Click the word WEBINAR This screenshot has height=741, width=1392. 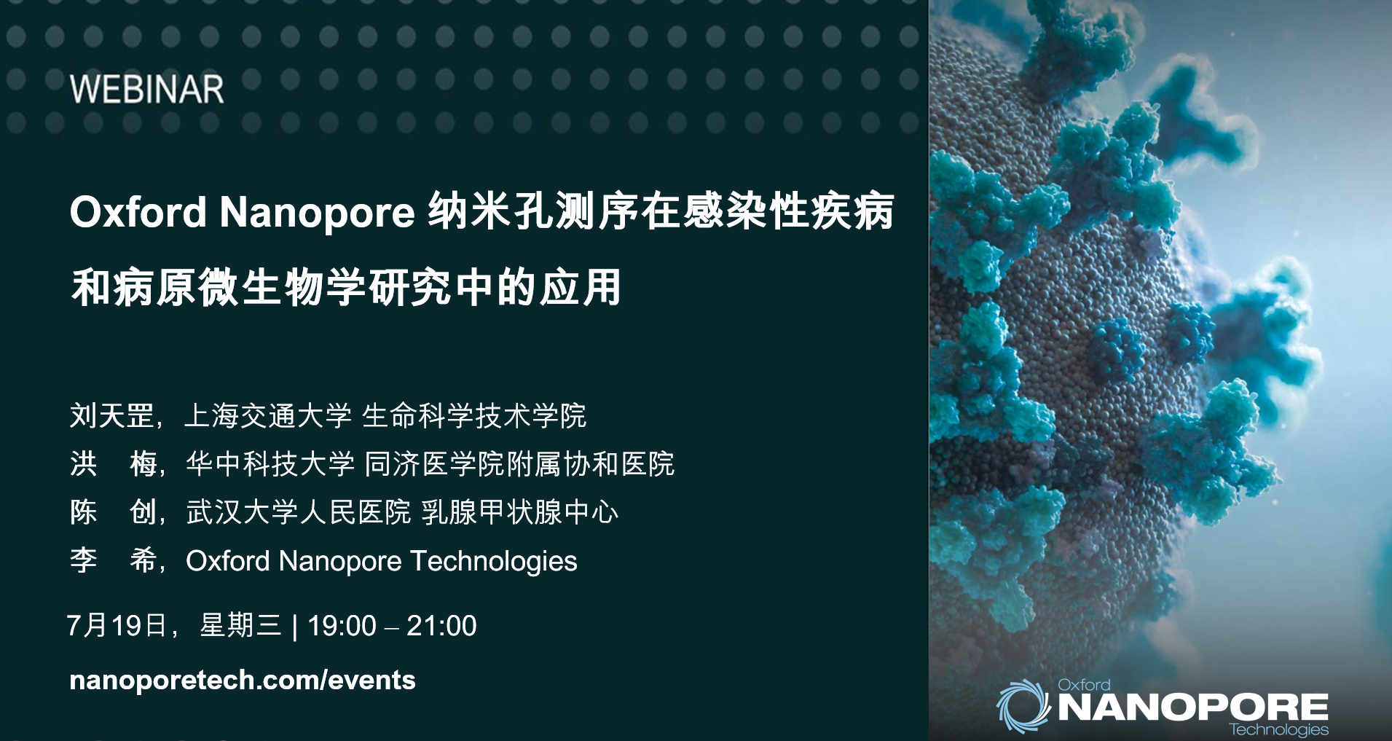[146, 90]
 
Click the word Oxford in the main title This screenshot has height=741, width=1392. [138, 212]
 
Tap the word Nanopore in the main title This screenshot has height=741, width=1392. [317, 212]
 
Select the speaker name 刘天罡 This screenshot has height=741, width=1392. [111, 416]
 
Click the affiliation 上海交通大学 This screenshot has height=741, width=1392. [268, 416]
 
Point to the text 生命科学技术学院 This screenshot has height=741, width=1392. [474, 416]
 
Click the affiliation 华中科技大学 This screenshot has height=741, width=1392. [270, 464]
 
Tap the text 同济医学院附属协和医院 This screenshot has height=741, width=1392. [519, 464]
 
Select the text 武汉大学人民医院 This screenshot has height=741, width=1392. [299, 512]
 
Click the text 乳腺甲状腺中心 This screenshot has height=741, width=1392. [520, 512]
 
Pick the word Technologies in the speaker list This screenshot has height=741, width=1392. [494, 561]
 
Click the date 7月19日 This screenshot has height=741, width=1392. [117, 626]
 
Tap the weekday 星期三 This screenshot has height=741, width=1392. [240, 626]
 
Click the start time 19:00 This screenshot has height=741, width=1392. [342, 626]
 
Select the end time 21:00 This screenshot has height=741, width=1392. [441, 626]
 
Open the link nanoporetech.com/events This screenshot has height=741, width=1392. [242, 680]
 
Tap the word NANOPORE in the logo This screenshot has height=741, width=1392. [1193, 707]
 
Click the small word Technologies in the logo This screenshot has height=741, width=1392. [1278, 729]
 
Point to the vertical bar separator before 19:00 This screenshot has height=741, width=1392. [294, 627]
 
